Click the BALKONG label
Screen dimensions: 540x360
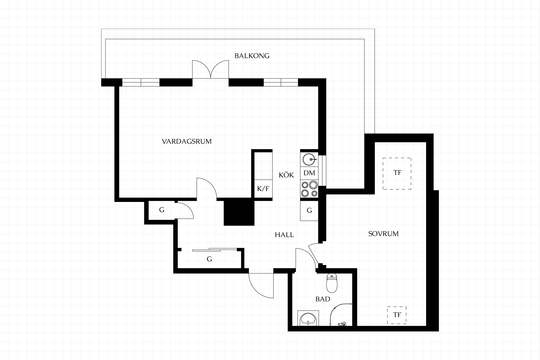tap(252, 56)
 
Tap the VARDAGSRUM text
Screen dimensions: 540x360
tap(187, 141)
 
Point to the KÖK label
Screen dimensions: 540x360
tap(286, 175)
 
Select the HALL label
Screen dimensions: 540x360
tap(284, 235)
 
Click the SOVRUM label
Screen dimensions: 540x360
tap(383, 233)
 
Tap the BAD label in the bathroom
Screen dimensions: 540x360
tap(323, 299)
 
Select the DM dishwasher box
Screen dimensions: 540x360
tap(309, 173)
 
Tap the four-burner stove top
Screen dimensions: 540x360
tap(309, 189)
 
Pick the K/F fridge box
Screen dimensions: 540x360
tap(263, 189)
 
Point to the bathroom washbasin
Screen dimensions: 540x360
tap(308, 318)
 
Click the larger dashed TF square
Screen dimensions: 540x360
tap(397, 174)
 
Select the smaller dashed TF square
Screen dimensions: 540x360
tap(397, 315)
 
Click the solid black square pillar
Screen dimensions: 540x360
tap(239, 211)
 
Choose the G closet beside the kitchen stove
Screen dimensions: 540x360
tap(309, 210)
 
